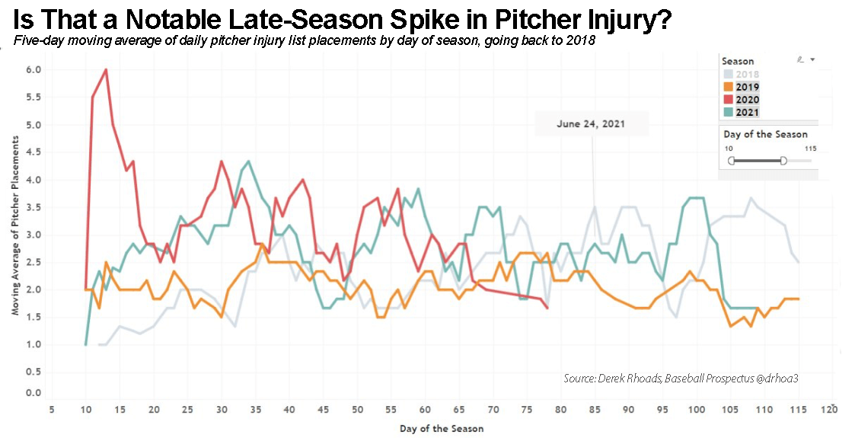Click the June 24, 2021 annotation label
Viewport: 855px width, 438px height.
coord(592,123)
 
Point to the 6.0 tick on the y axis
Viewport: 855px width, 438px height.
coord(33,70)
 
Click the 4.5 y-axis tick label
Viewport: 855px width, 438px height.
coord(33,152)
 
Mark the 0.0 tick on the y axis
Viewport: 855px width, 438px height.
coord(33,393)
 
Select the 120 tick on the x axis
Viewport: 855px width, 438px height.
coord(829,410)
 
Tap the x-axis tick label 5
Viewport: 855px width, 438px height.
coord(52,410)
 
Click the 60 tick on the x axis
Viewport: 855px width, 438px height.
coord(425,410)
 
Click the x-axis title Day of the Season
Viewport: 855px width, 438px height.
coord(442,428)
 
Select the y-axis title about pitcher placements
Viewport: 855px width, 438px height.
coord(15,230)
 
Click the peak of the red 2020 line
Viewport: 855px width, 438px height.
coord(106,69)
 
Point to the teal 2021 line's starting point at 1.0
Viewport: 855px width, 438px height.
coord(85,344)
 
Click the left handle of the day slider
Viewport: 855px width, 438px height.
coord(732,161)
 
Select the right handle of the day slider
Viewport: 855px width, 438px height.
coord(783,161)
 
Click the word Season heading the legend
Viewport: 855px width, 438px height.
coord(738,61)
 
